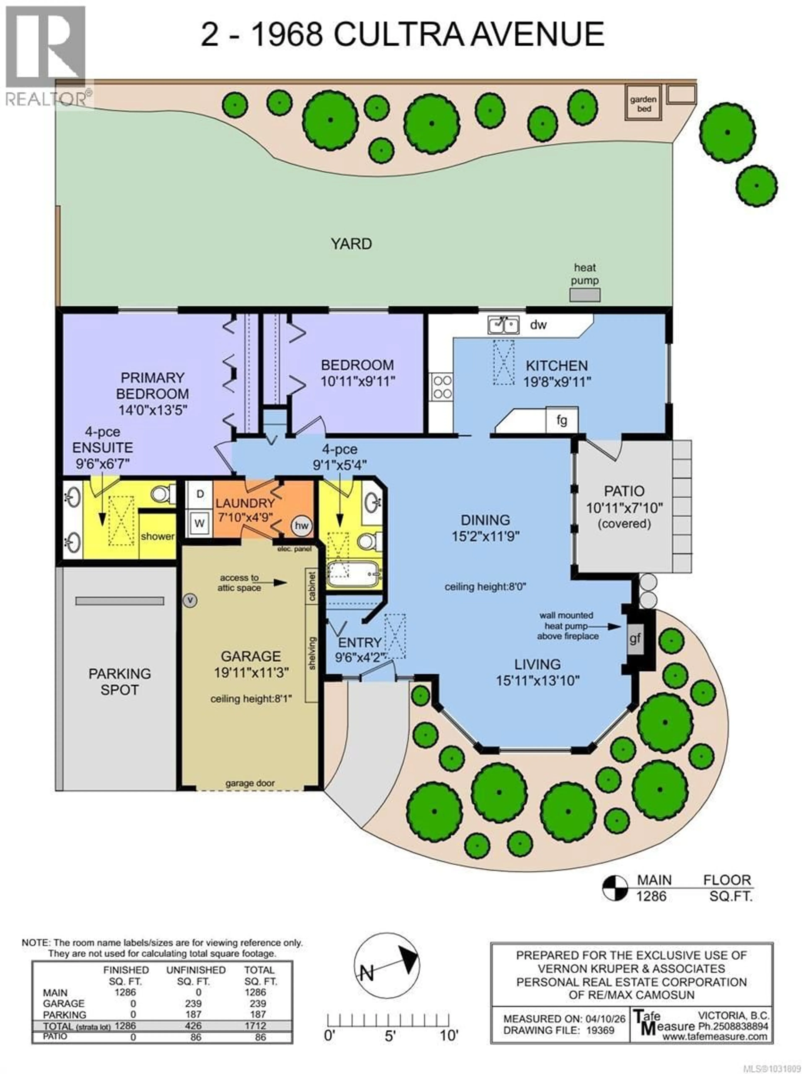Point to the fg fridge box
click(561, 420)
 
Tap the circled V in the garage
click(190, 601)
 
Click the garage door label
click(250, 783)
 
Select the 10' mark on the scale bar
click(449, 1036)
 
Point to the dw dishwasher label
click(538, 325)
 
